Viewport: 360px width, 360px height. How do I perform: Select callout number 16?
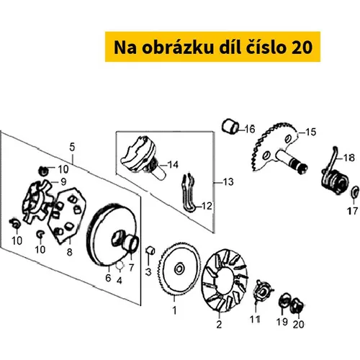point(250,129)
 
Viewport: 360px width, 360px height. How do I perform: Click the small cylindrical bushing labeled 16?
point(230,126)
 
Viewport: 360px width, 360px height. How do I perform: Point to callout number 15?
point(311,132)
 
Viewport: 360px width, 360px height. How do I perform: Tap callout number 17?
point(352,211)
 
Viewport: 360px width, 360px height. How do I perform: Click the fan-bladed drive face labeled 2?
point(224,280)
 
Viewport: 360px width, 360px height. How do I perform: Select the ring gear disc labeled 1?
point(179,269)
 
